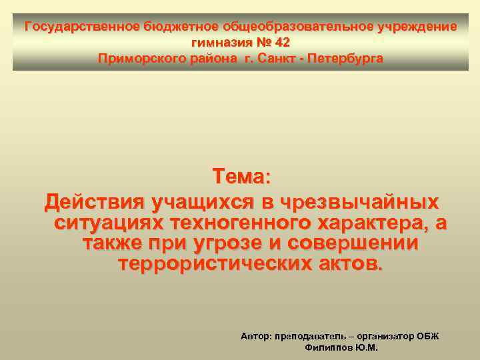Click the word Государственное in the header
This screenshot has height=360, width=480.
click(82, 27)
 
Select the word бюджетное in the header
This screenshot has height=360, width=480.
click(175, 27)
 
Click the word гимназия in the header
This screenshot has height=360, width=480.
click(221, 43)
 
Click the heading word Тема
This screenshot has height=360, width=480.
click(238, 177)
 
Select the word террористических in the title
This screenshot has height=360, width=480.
click(212, 264)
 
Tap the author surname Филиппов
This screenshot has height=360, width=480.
click(328, 348)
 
